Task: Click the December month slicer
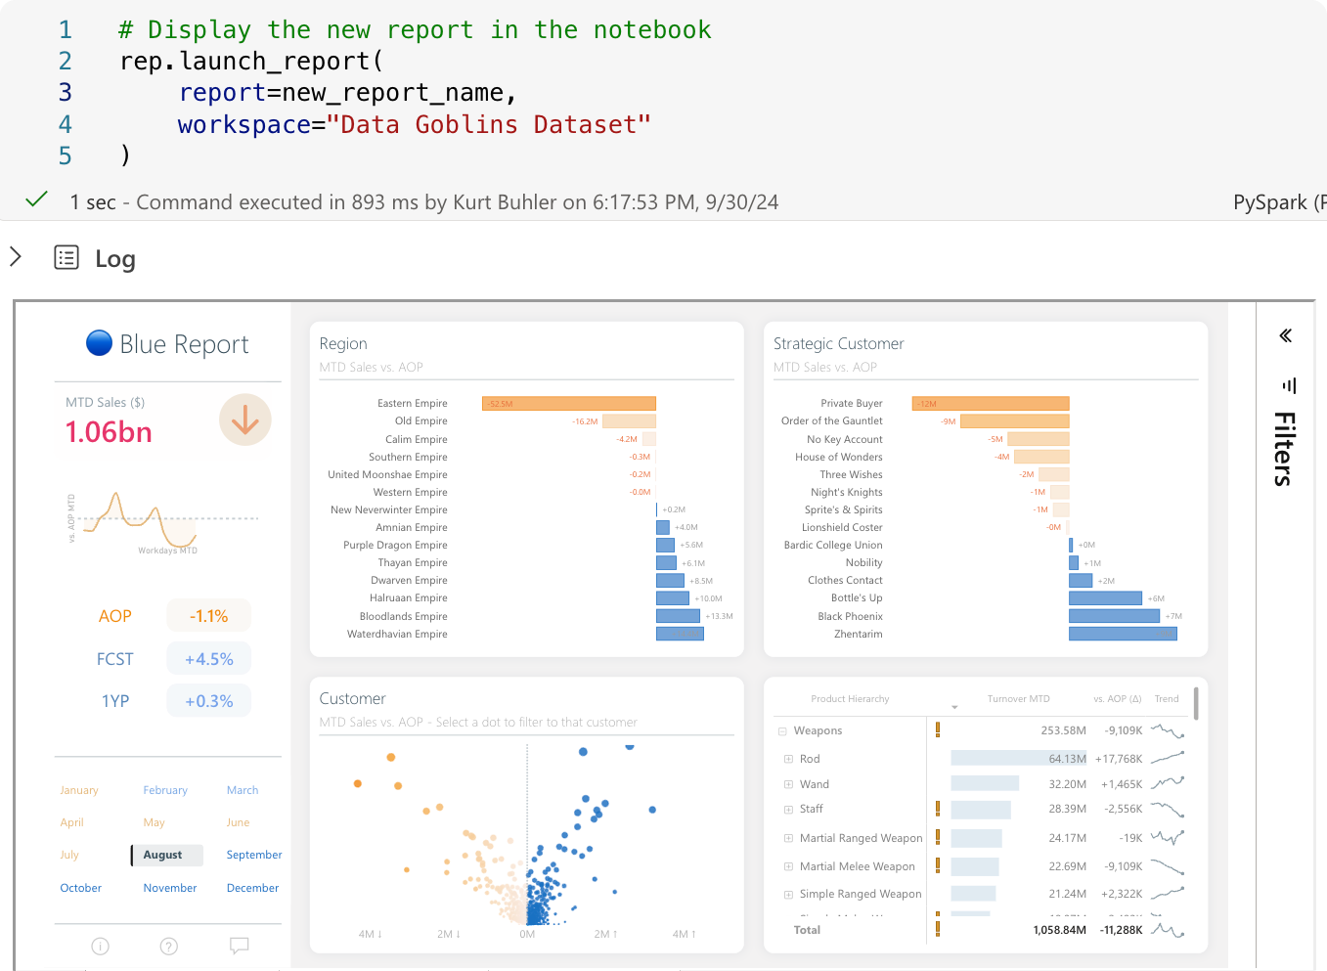pos(252,888)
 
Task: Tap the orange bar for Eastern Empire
pos(568,404)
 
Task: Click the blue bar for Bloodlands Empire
pos(678,616)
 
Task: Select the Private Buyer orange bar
pos(991,404)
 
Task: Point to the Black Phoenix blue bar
pos(1114,616)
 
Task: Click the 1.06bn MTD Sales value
pos(109,432)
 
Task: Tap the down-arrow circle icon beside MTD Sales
pos(244,419)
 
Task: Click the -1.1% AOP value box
pos(208,616)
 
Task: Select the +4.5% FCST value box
pos(208,659)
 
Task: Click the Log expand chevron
pos(16,257)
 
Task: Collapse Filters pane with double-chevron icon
pos(1285,335)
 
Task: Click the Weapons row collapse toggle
pos(782,731)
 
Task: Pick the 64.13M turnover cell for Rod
pos(1067,759)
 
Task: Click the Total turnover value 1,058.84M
pos(1059,930)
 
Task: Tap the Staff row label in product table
pos(811,809)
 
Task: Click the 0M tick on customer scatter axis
pos(527,934)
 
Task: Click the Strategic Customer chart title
pos(838,343)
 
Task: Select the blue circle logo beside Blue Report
pos(99,343)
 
